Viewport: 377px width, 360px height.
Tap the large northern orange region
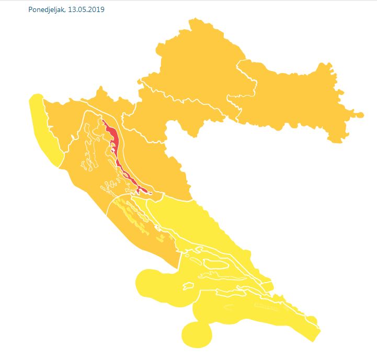click(199, 68)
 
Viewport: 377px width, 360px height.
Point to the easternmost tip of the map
click(362, 114)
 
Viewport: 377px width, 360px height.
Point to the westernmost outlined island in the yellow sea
click(188, 286)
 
